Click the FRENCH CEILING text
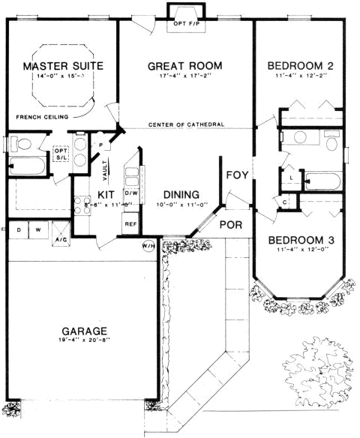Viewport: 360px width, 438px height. [41, 117]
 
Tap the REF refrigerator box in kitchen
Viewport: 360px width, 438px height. [130, 223]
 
